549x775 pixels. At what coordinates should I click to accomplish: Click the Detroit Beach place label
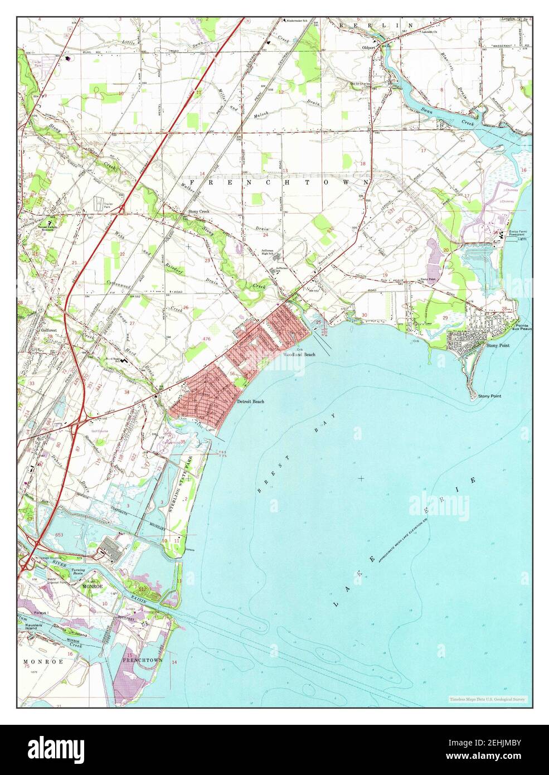pyautogui.click(x=250, y=401)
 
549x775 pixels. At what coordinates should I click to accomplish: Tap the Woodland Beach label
pyautogui.click(x=299, y=355)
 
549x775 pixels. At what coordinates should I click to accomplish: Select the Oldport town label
pyautogui.click(x=370, y=48)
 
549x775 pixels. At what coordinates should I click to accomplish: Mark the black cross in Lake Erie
pyautogui.click(x=361, y=478)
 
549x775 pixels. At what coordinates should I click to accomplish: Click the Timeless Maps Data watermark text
pyautogui.click(x=487, y=699)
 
